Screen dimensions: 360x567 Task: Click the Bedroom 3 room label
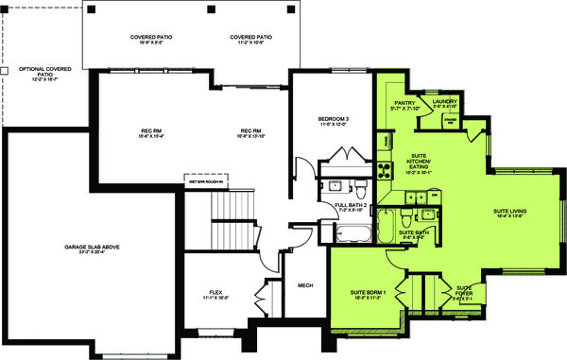pos(334,120)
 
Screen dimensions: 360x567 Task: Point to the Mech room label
pos(304,285)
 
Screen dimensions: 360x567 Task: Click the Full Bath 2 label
pos(351,207)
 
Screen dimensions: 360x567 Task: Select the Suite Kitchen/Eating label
pos(419,164)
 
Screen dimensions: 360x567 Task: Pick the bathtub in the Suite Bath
pos(388,228)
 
